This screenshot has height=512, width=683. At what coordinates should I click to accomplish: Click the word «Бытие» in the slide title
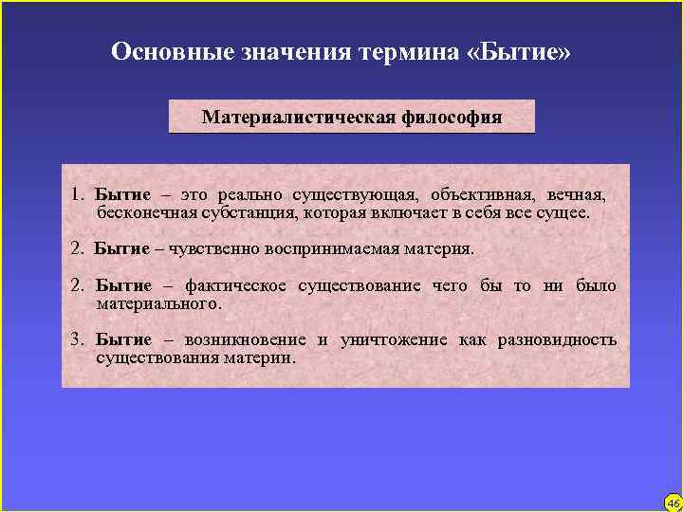coord(519,51)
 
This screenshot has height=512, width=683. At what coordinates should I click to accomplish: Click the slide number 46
coord(673,503)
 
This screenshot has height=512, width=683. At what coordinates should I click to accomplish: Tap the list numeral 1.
coord(76,194)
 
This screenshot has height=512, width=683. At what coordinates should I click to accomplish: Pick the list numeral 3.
coord(76,339)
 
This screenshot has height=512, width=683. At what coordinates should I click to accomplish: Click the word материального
coord(158,303)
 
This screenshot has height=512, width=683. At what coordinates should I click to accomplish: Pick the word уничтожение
coord(393,339)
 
